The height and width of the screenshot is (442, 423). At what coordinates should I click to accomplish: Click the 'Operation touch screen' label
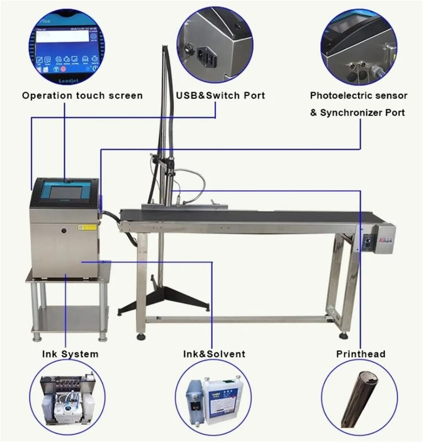point(82,96)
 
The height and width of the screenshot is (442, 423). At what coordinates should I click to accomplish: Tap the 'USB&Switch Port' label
point(220,96)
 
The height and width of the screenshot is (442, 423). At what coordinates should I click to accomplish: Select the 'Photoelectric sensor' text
point(359,96)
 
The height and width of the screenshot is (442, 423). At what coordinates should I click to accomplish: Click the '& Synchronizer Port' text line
point(357,113)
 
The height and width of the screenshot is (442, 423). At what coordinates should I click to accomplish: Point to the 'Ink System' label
point(70,354)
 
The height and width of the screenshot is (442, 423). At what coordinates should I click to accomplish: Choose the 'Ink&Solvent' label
point(214,354)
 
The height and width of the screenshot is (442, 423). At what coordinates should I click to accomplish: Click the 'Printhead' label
point(360,354)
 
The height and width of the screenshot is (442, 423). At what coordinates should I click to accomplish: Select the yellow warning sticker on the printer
point(87,227)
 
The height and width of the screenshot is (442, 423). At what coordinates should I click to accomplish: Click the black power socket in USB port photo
point(207,58)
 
